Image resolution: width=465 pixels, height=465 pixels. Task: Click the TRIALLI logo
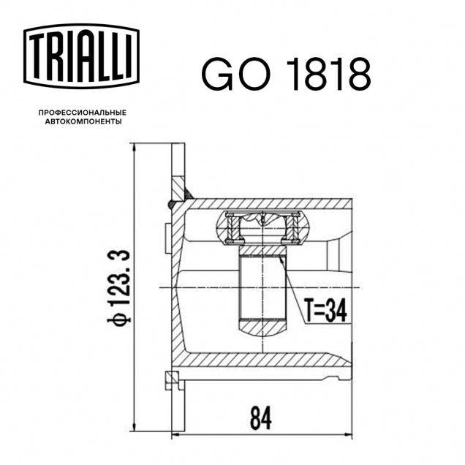[81, 56]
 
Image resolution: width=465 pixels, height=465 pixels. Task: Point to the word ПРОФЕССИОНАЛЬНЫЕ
[83, 113]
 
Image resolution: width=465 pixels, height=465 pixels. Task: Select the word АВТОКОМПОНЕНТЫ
[83, 121]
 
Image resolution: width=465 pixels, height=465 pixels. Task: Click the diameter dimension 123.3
[119, 277]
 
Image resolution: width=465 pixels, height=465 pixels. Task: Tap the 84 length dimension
[261, 418]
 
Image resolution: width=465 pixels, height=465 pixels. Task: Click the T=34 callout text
[325, 311]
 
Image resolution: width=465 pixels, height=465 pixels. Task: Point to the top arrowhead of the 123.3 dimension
[135, 149]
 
